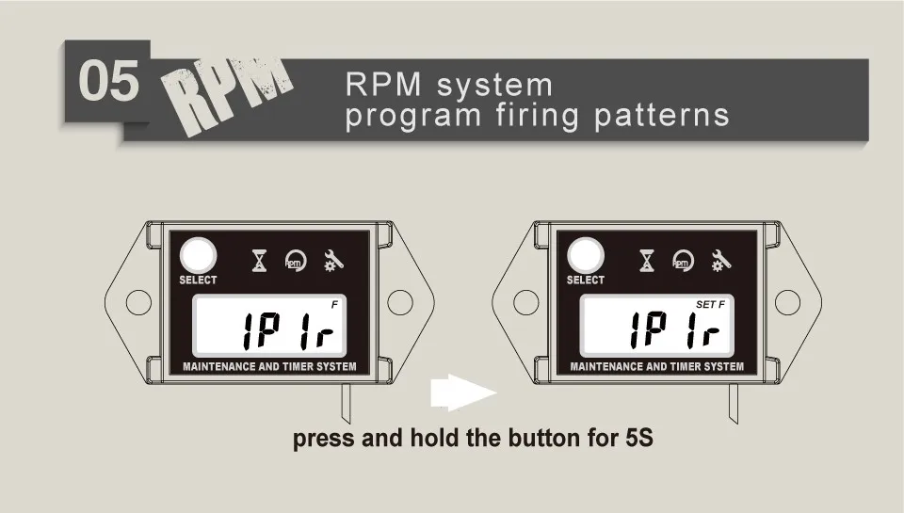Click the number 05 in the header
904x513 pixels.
point(107,82)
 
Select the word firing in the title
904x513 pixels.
point(532,115)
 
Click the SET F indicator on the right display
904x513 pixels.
point(710,305)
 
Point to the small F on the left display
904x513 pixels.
point(334,304)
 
